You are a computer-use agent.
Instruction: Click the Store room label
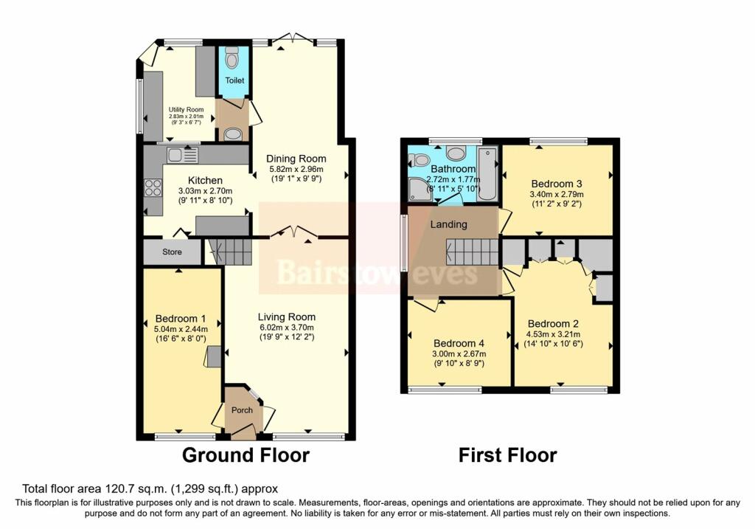click(x=172, y=252)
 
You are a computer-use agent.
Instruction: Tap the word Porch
click(x=242, y=410)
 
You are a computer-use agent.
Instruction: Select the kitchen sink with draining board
click(x=182, y=155)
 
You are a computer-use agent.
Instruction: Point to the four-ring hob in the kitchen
click(x=153, y=188)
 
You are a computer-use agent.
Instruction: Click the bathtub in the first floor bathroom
click(x=487, y=175)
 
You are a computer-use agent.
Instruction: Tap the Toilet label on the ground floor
click(x=234, y=80)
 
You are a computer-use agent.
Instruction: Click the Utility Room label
click(x=186, y=110)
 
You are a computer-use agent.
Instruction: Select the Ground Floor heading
click(x=246, y=455)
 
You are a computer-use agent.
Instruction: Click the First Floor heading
click(x=507, y=455)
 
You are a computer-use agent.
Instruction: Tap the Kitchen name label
click(x=205, y=180)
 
